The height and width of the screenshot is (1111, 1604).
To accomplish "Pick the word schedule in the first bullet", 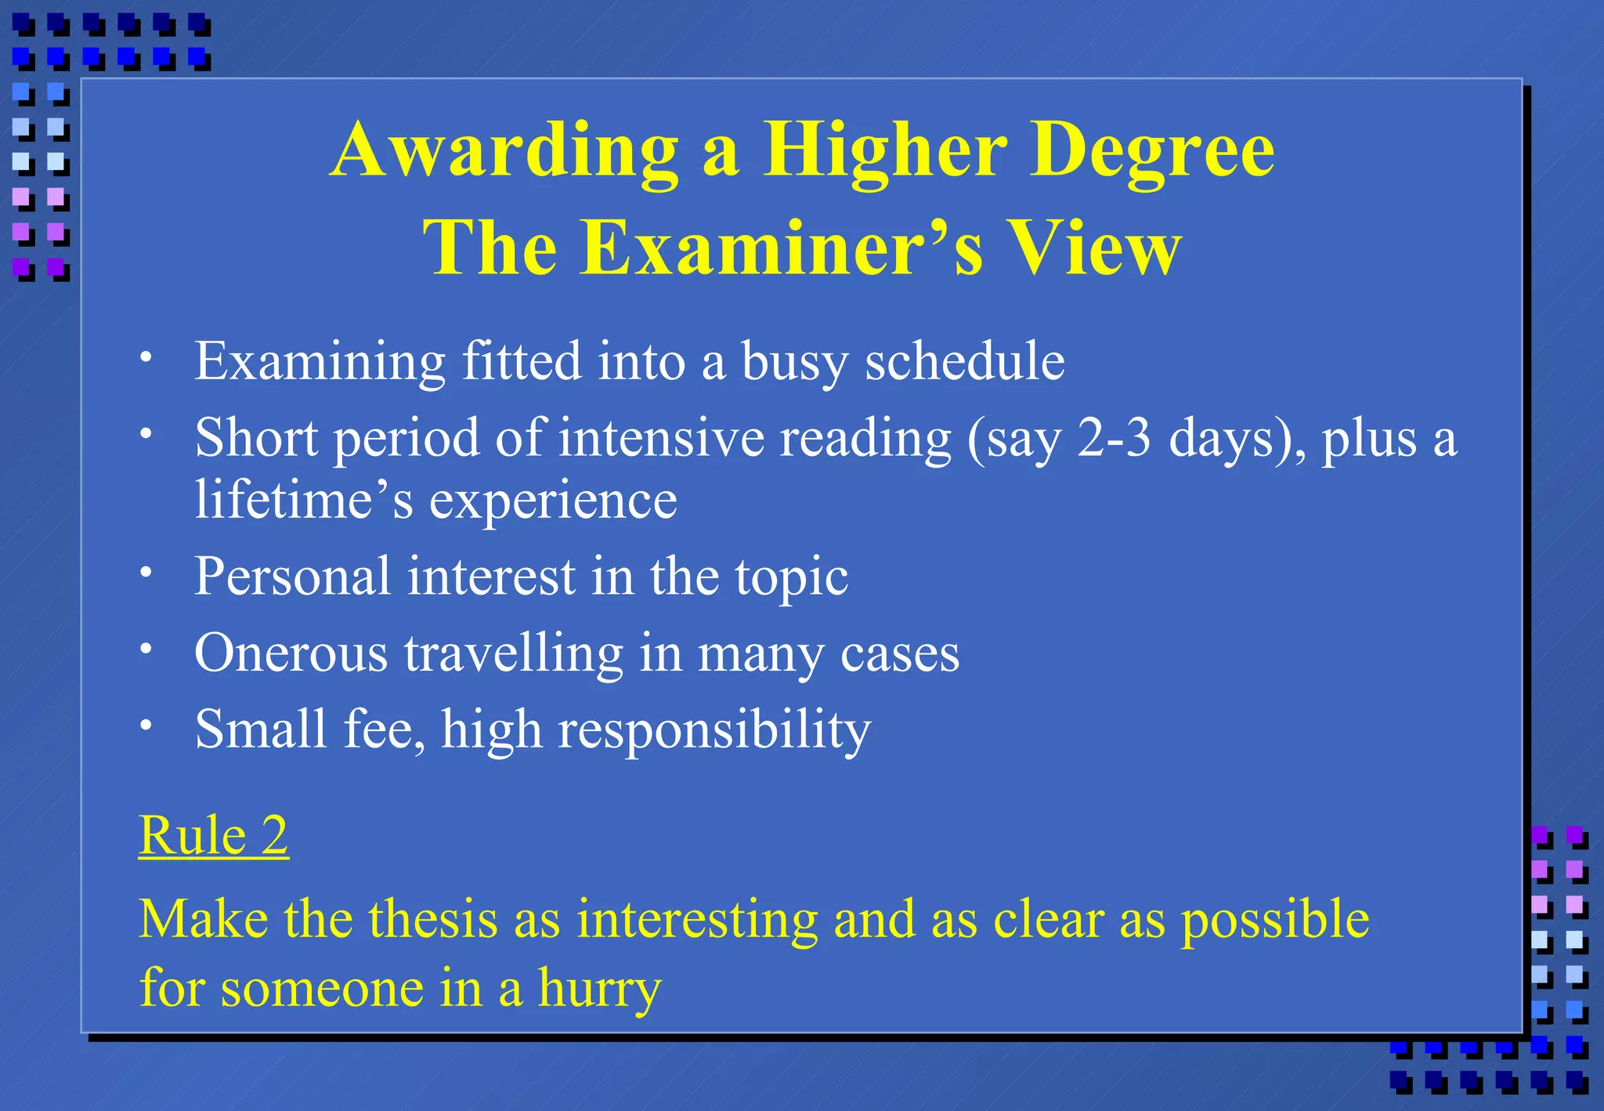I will (964, 361).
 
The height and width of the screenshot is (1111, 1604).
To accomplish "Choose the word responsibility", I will (714, 730).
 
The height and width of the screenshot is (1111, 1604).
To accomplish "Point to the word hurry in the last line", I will (599, 989).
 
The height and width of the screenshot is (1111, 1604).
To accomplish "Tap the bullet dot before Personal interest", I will (146, 572).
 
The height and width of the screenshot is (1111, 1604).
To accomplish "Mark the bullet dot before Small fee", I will (146, 725).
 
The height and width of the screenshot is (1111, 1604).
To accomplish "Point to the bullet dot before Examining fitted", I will (146, 357).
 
